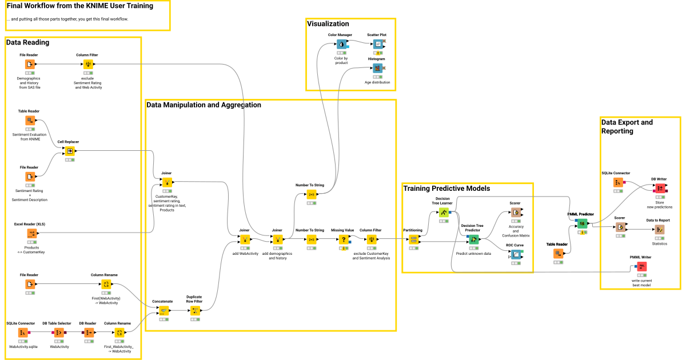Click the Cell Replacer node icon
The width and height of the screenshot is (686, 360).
click(69, 151)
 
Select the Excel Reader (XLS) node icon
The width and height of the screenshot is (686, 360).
click(32, 233)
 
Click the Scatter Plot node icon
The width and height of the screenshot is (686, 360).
click(377, 44)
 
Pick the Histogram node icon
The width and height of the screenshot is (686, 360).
click(377, 68)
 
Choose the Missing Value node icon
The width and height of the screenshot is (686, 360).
click(344, 239)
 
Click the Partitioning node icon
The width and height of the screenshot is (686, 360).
click(413, 239)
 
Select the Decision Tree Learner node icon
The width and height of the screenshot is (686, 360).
click(444, 213)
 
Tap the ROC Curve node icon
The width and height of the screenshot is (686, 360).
click(516, 255)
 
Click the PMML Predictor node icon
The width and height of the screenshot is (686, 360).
click(581, 223)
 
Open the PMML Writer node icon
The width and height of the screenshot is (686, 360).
click(641, 266)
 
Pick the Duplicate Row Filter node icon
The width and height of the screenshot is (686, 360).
click(195, 310)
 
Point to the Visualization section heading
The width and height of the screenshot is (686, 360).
click(328, 24)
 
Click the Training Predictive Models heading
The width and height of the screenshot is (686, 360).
click(446, 188)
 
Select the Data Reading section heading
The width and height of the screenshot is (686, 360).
click(27, 42)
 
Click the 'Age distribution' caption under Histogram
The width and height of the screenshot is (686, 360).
click(377, 82)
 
